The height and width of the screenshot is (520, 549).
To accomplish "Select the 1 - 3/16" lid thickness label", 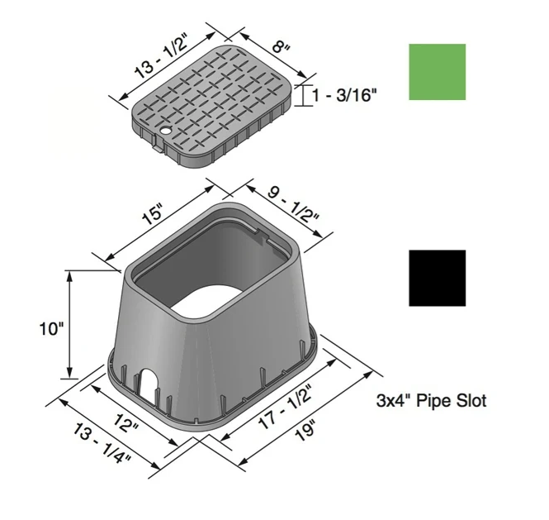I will point(345,96).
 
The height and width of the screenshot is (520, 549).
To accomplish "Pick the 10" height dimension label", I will point(50,328).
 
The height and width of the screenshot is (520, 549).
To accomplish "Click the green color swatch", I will point(437,72).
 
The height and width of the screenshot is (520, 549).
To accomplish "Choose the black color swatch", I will point(437,278).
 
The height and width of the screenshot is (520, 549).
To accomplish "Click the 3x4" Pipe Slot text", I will point(431,402).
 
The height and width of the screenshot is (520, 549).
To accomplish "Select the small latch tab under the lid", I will point(156,148).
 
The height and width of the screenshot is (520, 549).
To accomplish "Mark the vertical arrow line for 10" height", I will point(69,323).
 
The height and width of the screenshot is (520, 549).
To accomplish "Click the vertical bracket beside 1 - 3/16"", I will point(303,95).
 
